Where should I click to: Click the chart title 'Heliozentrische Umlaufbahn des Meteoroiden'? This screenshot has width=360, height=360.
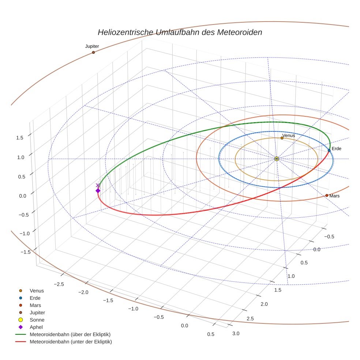point(180,32)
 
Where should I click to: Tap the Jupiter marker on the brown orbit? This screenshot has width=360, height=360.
point(93,52)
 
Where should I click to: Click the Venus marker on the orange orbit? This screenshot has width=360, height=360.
point(282,138)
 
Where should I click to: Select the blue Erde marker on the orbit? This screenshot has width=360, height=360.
point(329,150)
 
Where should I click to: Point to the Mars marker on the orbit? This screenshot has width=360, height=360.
point(327,195)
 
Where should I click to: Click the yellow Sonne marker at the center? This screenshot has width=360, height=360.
point(277,159)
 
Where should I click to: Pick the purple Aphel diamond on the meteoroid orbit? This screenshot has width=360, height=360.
point(98,191)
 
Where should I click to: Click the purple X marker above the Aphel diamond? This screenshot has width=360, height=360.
point(97,185)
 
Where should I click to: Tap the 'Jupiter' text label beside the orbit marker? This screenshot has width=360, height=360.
point(92,46)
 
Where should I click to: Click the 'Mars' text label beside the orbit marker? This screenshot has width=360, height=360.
point(334,196)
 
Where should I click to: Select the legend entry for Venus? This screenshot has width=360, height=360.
point(37,291)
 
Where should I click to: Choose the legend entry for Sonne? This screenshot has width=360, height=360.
point(37,320)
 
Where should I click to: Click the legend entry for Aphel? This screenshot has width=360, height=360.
point(36,327)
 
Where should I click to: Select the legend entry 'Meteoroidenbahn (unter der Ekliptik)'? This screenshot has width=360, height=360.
point(71,342)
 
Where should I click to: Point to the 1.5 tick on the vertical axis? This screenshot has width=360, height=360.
point(20,138)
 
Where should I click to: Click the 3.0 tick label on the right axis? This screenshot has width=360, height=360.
point(236,333)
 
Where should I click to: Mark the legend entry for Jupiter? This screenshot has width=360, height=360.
point(37,313)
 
